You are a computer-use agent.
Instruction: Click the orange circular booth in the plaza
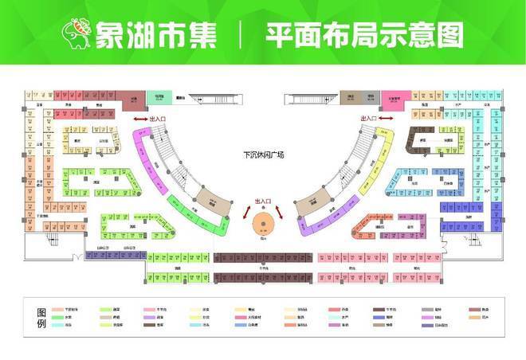tap(264, 224)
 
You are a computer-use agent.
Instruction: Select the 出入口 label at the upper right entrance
tap(372, 119)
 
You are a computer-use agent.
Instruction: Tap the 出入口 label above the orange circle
tap(264, 202)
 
